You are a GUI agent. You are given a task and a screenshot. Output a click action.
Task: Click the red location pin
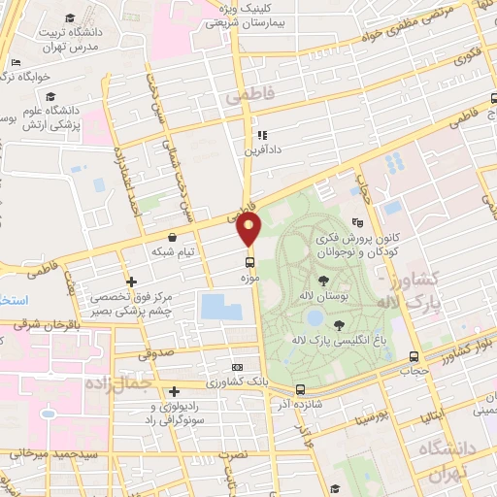(249, 228)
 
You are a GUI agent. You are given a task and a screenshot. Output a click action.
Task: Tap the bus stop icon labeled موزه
(250, 261)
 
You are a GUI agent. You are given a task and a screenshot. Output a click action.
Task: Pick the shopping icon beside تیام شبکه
(172, 237)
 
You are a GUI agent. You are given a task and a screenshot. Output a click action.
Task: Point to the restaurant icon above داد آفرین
(261, 135)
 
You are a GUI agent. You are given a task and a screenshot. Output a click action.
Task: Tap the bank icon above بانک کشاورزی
(238, 368)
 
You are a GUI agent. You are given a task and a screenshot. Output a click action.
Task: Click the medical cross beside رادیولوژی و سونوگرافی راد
(173, 390)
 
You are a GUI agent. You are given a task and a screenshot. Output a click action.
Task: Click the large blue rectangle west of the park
(221, 308)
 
